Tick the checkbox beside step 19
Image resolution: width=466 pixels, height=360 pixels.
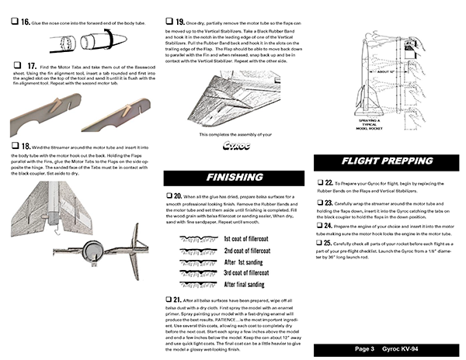click(x=170, y=22)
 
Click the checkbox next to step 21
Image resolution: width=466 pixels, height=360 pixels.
click(x=170, y=299)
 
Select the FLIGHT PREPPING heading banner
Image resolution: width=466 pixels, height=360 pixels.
click(x=386, y=162)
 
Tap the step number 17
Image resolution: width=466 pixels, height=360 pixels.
click(x=32, y=67)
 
